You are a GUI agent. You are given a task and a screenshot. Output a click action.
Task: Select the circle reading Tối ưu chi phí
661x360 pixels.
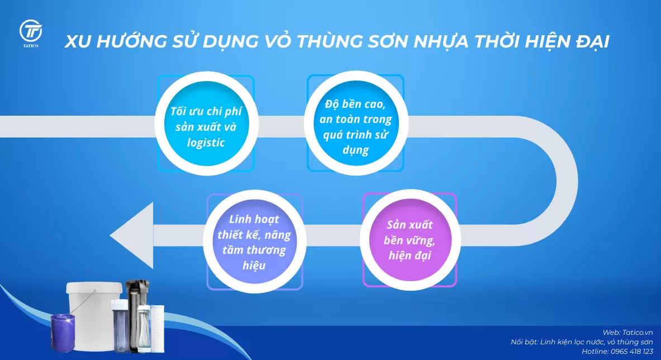pyautogui.click(x=206, y=126)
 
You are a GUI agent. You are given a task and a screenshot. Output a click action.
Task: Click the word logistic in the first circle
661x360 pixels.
pyautogui.click(x=206, y=143)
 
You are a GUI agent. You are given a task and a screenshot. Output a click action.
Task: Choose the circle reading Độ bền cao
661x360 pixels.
pyautogui.click(x=355, y=126)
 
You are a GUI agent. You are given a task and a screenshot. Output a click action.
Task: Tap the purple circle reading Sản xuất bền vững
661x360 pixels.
pyautogui.click(x=410, y=241)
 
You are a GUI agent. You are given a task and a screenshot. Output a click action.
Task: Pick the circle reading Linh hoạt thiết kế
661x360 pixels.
pyautogui.click(x=254, y=242)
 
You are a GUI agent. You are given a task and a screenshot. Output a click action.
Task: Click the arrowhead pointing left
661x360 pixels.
pyautogui.click(x=133, y=235)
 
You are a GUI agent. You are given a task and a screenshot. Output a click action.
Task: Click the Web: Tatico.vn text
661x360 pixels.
pyautogui.click(x=627, y=332)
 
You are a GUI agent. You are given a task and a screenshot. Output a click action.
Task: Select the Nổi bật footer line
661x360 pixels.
pyautogui.click(x=582, y=342)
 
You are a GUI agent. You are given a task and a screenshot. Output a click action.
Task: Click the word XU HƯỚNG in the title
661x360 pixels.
pyautogui.click(x=112, y=42)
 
